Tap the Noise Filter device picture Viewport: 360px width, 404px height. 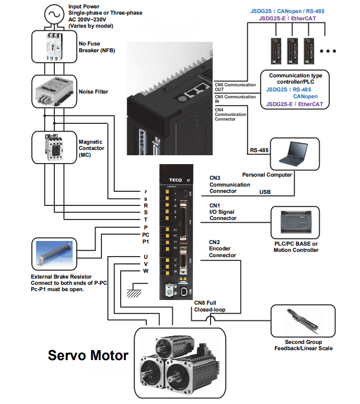click(x=54, y=93)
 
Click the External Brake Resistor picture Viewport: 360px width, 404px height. click(x=57, y=255)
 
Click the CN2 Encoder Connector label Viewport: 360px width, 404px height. click(x=223, y=249)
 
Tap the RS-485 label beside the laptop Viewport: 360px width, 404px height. click(x=259, y=150)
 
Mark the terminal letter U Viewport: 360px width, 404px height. click(x=145, y=257)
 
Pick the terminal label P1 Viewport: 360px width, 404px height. click(x=145, y=242)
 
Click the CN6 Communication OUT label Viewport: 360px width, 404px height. click(x=235, y=87)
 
